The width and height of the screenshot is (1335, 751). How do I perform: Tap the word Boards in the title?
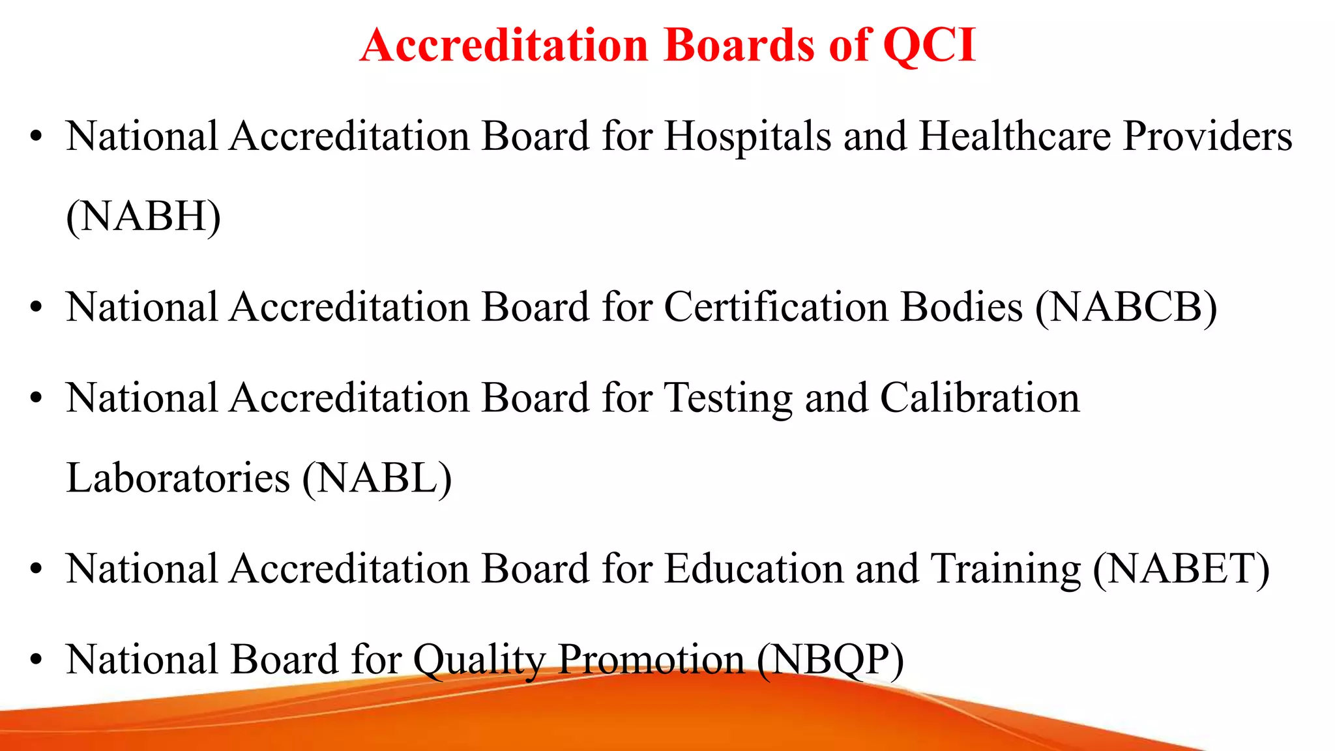(x=739, y=46)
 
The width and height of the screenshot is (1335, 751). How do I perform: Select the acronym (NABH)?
(x=143, y=216)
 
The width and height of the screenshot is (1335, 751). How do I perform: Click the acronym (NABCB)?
(x=1126, y=307)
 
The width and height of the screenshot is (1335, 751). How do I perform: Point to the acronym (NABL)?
(x=377, y=478)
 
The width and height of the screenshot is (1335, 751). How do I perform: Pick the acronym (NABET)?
(x=1181, y=568)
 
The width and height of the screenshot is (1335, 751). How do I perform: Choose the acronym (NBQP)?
(x=830, y=659)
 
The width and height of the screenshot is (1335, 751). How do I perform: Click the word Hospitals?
(x=747, y=137)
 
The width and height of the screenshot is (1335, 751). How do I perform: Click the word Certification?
(x=776, y=307)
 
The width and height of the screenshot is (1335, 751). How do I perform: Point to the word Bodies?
(x=961, y=307)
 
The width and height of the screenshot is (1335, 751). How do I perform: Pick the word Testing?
(x=727, y=398)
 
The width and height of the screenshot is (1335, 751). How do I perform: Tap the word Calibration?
(x=980, y=398)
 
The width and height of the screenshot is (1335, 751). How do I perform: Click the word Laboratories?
(x=178, y=478)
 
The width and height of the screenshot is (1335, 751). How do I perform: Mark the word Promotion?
(x=651, y=659)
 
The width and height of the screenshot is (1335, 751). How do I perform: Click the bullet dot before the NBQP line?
(x=36, y=660)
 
